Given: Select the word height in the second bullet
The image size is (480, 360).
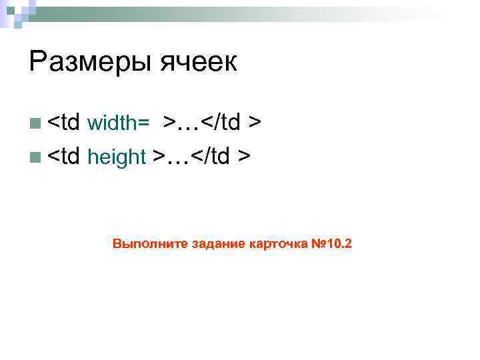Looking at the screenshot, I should [x=117, y=157].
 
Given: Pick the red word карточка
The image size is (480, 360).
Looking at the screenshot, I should [x=279, y=243].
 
